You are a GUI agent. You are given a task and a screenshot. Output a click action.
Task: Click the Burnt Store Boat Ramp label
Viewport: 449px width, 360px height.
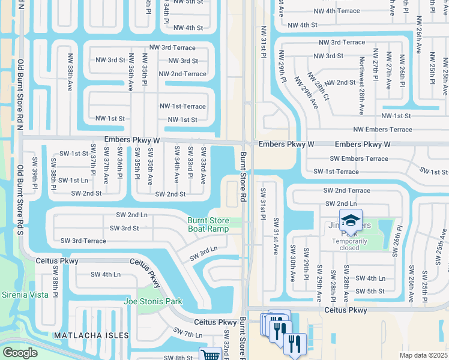click(x=208, y=224)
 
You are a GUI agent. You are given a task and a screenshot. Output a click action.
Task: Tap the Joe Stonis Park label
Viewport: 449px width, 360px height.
click(x=152, y=301)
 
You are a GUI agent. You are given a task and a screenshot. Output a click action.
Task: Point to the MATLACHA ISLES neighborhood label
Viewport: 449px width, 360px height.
click(x=92, y=335)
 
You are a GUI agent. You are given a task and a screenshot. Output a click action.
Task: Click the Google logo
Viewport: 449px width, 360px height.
click(x=19, y=353)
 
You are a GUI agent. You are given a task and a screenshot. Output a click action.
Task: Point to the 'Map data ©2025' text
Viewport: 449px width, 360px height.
click(x=424, y=355)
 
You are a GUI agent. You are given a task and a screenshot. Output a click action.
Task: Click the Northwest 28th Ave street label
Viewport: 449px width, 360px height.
click(x=361, y=86)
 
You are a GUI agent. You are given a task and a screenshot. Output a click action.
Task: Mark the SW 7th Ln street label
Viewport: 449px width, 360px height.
click(x=188, y=332)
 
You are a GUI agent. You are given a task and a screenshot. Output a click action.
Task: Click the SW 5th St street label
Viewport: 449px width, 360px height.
click(x=369, y=292)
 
